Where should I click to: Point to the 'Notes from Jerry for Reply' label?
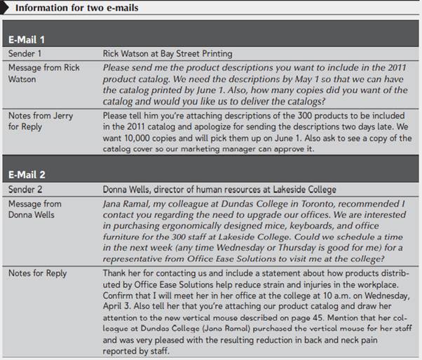(x=40, y=120)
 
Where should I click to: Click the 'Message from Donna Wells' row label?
(x=35, y=209)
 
